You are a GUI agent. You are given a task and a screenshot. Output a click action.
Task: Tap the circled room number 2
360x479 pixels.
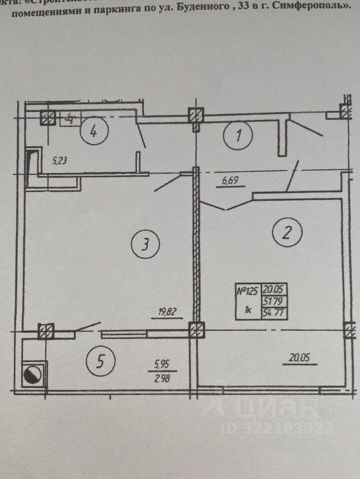point(284,232)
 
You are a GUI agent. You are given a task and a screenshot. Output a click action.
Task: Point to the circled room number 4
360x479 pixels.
point(94,130)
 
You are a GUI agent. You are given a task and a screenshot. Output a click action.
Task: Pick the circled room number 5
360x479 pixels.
point(101,361)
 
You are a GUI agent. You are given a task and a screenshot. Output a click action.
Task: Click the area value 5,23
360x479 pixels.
point(60,161)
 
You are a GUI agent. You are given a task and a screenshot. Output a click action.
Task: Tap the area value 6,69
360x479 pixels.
point(230,179)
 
